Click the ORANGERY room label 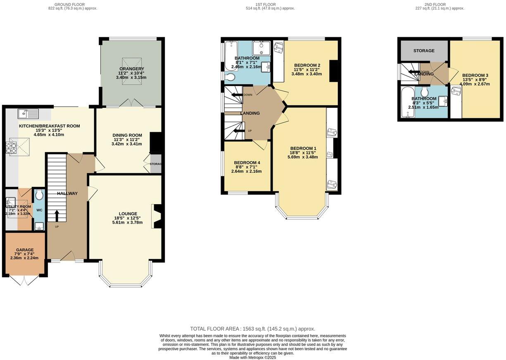(x=131, y=69)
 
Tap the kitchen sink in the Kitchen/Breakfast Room (x=28, y=113)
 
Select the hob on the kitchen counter (x=11, y=148)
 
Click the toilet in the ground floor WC (x=39, y=194)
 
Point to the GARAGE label (x=25, y=250)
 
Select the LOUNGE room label (x=127, y=214)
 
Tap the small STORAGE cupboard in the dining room (x=156, y=164)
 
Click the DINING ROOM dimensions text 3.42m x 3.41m (x=126, y=144)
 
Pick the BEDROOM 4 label (x=247, y=162)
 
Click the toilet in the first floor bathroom (x=230, y=76)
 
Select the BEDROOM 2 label (x=307, y=65)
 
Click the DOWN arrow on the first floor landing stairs (x=237, y=95)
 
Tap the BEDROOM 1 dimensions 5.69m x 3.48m (x=303, y=157)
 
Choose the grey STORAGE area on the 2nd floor (x=424, y=51)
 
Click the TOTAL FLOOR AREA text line (x=252, y=329)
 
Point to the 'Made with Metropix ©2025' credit (x=252, y=358)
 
